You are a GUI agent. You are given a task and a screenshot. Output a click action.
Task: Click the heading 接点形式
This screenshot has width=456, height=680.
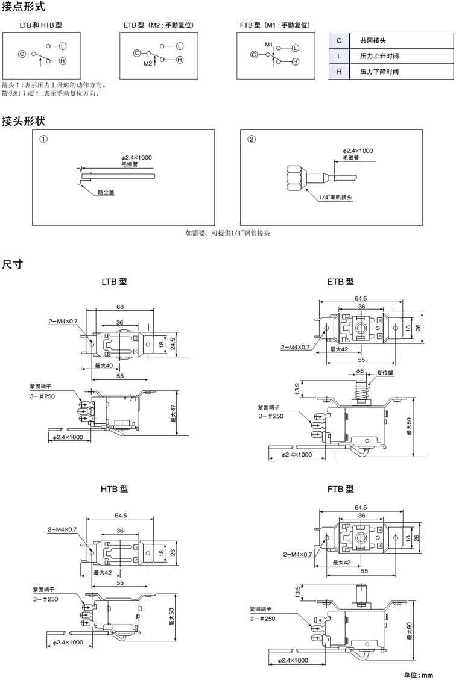tap(23, 8)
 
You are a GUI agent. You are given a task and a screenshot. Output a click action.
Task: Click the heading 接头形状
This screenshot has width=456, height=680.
tap(23, 121)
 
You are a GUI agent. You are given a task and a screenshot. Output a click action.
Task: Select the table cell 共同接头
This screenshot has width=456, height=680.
tap(373, 40)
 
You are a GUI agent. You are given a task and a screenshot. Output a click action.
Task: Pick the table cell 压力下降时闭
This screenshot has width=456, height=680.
tap(379, 72)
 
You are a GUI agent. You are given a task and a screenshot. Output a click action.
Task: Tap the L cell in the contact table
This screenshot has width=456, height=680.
tap(340, 56)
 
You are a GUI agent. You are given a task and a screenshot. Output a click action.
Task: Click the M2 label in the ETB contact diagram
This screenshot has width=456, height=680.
tap(148, 63)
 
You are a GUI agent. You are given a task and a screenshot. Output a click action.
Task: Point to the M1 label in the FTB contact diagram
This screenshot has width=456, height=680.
tap(268, 45)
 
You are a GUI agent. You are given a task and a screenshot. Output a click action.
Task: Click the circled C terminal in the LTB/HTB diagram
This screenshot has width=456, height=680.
tap(22, 54)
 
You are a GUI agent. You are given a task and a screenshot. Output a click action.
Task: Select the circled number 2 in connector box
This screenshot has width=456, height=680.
tap(252, 139)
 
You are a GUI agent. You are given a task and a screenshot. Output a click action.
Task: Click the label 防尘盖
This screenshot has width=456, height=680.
tap(106, 193)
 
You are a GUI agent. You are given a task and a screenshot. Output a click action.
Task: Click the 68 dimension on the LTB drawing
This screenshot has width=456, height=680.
tap(120, 307)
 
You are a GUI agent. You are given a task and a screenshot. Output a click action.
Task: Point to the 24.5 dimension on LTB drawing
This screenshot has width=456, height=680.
tap(172, 343)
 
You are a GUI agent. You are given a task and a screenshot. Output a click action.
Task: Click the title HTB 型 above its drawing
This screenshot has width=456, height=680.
tap(114, 489)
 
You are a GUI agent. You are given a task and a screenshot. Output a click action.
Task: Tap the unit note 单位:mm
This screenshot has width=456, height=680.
tap(418, 675)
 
